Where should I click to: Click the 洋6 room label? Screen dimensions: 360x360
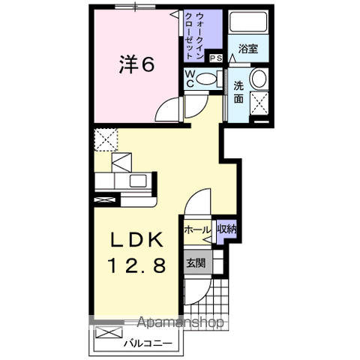point(136,64)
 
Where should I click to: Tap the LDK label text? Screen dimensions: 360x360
point(136,241)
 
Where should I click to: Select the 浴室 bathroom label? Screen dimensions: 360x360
point(249,49)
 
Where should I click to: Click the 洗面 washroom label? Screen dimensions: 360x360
point(238,91)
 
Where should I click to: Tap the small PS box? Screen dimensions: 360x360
point(217,58)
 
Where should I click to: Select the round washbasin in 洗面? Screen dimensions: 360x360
point(259,78)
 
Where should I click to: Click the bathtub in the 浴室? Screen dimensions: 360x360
point(249,25)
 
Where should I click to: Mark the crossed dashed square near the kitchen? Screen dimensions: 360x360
point(106,139)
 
